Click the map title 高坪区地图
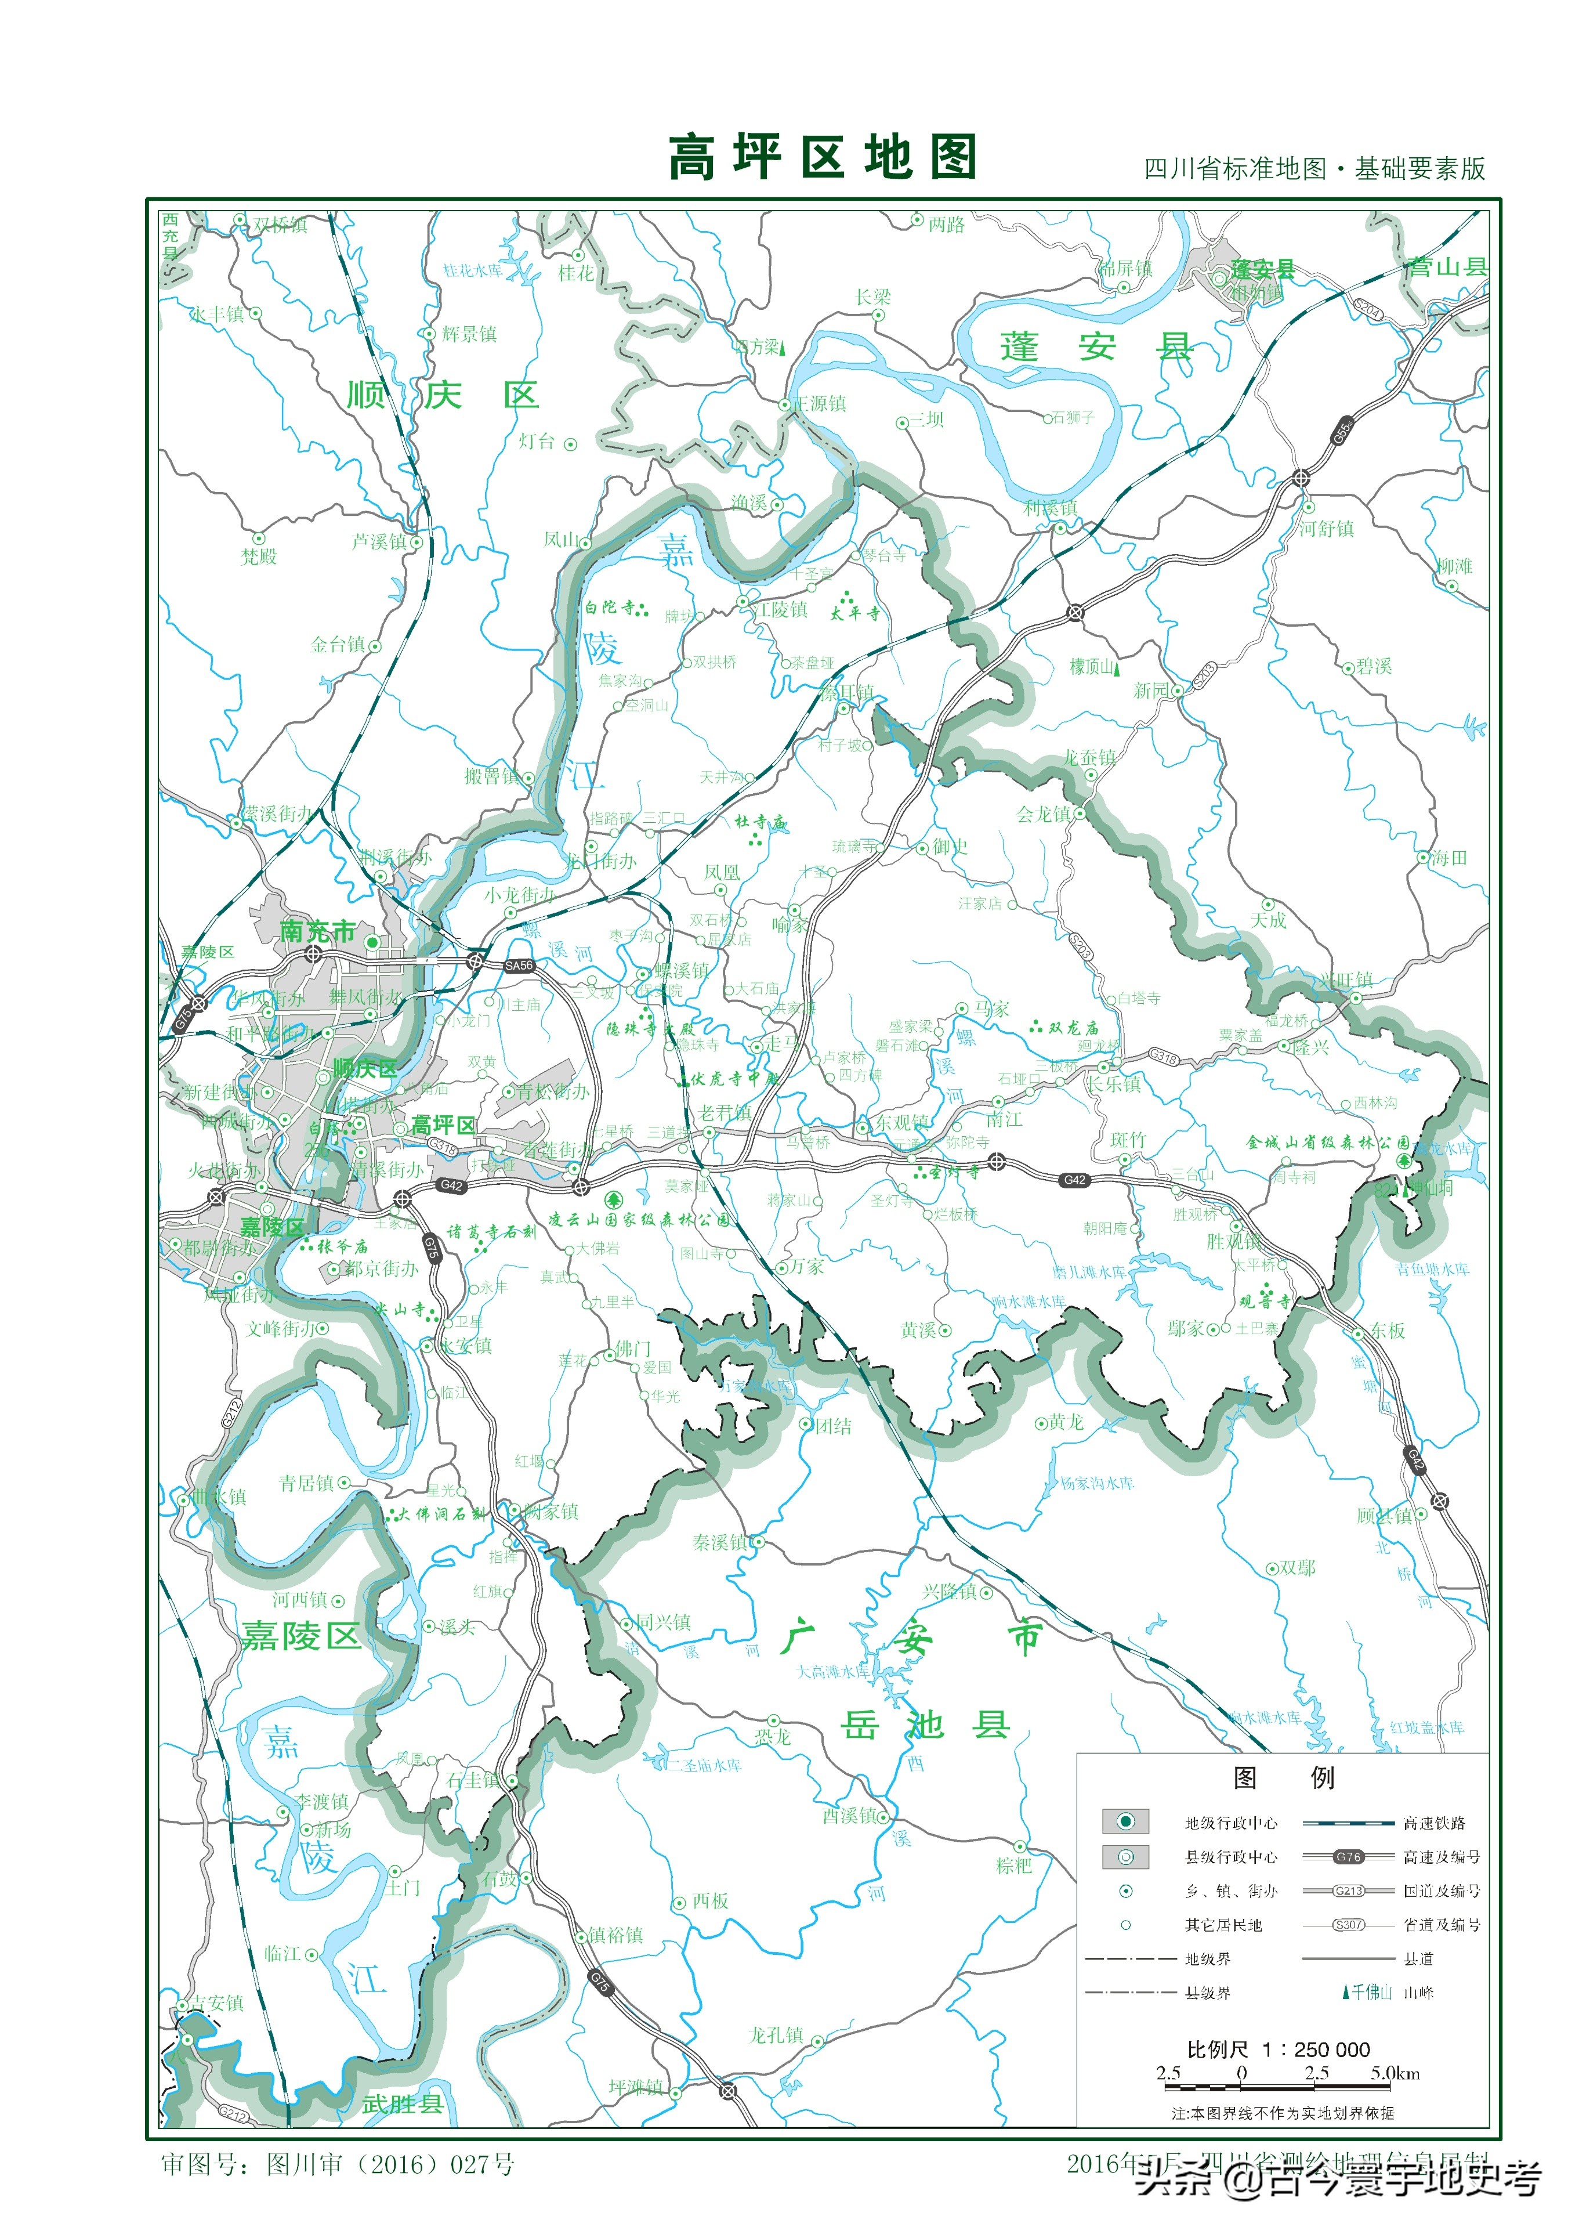click(822, 158)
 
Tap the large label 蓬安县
click(1096, 346)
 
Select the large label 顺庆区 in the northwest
click(443, 395)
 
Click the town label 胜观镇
click(1234, 1242)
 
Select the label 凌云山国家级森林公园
click(638, 1219)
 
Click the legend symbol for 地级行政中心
click(1125, 1821)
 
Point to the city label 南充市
click(317, 931)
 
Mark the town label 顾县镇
click(1385, 1515)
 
